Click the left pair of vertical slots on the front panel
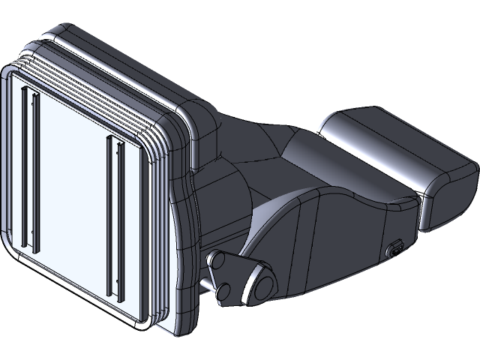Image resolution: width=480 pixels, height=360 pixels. tap(31, 168)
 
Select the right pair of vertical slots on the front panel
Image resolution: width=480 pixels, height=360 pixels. tap(114, 214)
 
